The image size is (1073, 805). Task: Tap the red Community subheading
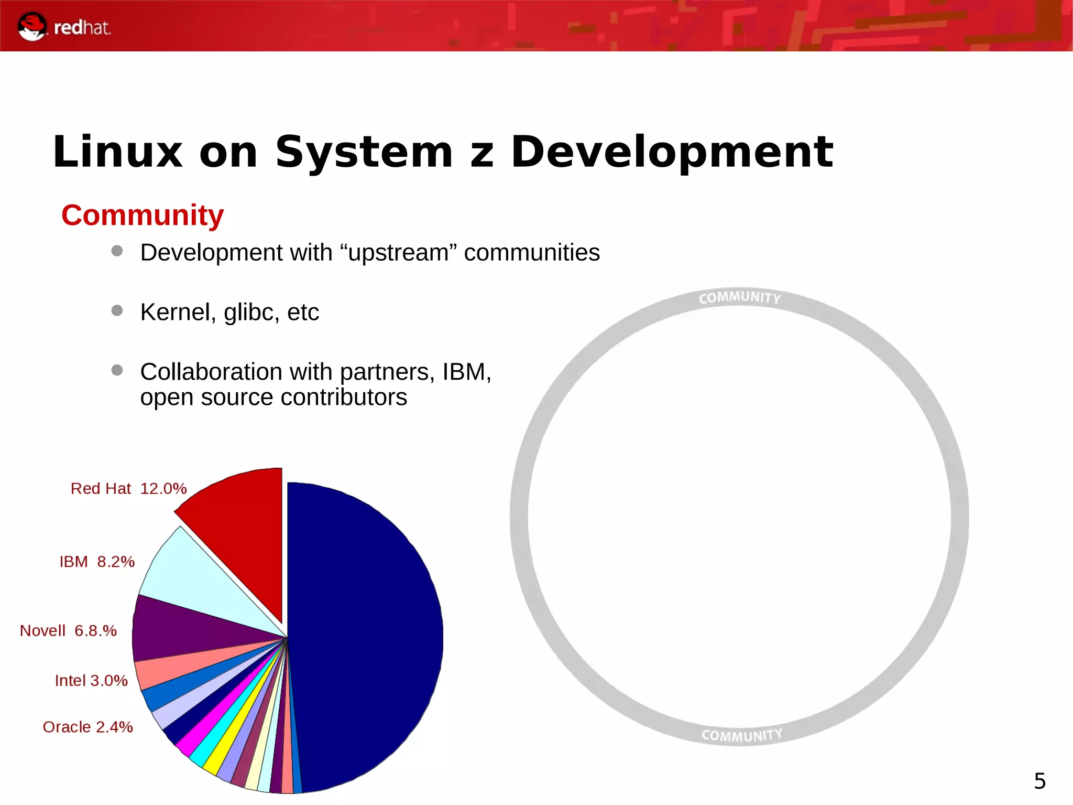click(143, 215)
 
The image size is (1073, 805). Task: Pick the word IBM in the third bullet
click(465, 372)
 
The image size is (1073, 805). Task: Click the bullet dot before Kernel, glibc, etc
click(117, 310)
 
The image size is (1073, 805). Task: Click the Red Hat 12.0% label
click(128, 489)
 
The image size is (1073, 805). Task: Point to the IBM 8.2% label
click(97, 562)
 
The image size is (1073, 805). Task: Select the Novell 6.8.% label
click(68, 630)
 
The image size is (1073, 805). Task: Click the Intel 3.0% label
click(91, 681)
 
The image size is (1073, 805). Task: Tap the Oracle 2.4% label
click(87, 727)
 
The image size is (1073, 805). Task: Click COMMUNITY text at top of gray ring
click(739, 297)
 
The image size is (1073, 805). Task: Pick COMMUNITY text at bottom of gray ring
click(741, 735)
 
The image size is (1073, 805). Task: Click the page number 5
click(1039, 781)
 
